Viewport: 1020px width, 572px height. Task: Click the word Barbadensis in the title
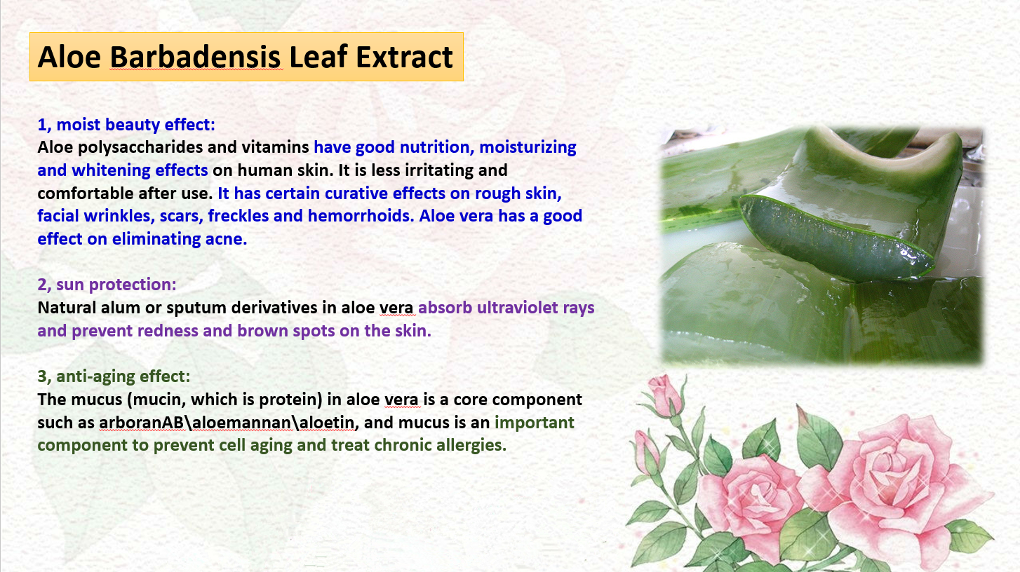(195, 57)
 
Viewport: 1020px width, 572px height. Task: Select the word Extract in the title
(404, 57)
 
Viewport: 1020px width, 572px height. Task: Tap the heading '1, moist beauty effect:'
(126, 125)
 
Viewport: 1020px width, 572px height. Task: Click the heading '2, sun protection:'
(107, 285)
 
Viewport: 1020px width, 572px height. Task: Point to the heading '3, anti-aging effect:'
(114, 376)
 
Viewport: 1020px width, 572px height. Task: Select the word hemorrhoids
(361, 216)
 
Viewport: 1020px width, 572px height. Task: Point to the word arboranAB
(141, 423)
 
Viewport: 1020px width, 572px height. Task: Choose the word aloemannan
(241, 423)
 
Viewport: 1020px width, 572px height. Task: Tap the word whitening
(111, 170)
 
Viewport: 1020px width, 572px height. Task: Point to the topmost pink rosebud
(665, 395)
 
